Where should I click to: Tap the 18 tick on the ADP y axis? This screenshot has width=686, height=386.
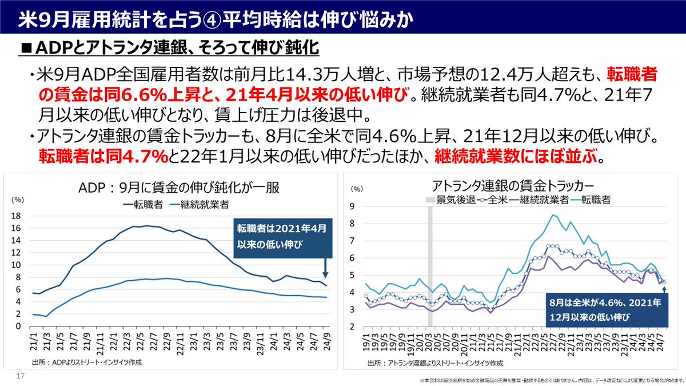17,216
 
